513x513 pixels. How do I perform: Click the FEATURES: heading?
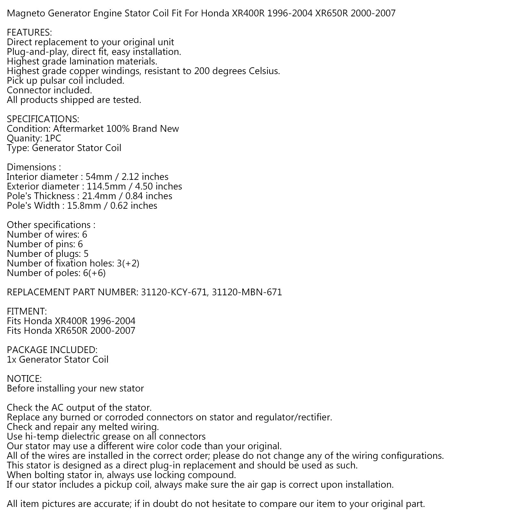pyautogui.click(x=29, y=33)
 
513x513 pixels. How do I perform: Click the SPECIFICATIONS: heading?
pyautogui.click(x=43, y=119)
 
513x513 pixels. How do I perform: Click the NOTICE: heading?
pyautogui.click(x=24, y=379)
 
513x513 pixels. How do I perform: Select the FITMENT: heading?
pyautogui.click(x=27, y=312)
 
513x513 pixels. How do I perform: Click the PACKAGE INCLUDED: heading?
pyautogui.click(x=52, y=350)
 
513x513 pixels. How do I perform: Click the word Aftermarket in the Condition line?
pyautogui.click(x=78, y=129)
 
